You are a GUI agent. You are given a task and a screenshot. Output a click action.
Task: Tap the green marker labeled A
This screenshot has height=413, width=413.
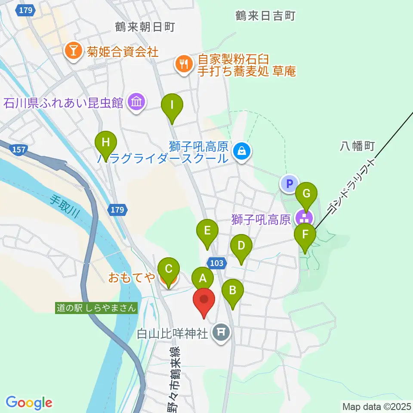click(203, 279)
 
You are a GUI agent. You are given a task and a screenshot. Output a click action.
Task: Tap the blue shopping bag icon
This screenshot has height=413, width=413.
click(242, 151)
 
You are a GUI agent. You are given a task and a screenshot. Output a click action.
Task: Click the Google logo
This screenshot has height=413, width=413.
click(29, 403)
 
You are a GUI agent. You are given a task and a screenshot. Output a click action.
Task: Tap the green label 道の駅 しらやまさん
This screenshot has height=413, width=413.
click(97, 308)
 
